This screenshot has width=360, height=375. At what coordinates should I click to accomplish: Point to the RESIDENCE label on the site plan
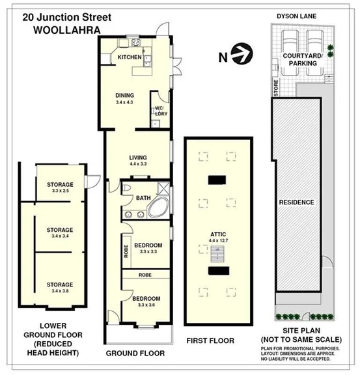click(296, 202)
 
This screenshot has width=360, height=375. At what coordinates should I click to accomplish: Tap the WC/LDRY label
click(160, 111)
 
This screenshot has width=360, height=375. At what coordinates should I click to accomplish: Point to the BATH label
click(143, 198)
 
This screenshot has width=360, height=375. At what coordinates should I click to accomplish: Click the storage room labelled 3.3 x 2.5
click(60, 187)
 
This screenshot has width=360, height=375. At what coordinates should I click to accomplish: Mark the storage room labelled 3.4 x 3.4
click(60, 232)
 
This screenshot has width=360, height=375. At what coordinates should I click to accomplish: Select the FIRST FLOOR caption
click(210, 340)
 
